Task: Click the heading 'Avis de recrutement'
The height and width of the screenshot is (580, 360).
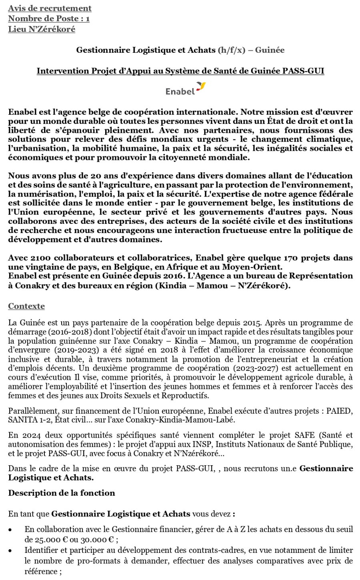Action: [x=50, y=8]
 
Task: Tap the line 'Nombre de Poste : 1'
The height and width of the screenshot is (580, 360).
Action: [x=49, y=18]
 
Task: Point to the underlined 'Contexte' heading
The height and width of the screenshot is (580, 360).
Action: [x=26, y=306]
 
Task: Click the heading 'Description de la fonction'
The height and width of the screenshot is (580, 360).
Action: [x=62, y=493]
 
